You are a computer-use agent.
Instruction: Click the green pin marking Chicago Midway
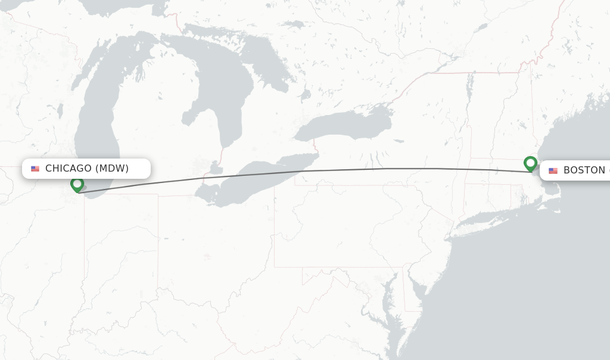(x=77, y=184)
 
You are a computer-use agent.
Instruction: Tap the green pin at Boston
(x=530, y=163)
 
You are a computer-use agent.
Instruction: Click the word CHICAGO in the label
(x=68, y=169)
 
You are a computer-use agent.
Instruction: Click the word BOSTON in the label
(x=584, y=170)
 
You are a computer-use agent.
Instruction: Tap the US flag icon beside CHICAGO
(x=35, y=169)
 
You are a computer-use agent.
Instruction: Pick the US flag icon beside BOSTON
(x=553, y=170)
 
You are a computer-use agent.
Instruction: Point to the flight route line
(x=298, y=172)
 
